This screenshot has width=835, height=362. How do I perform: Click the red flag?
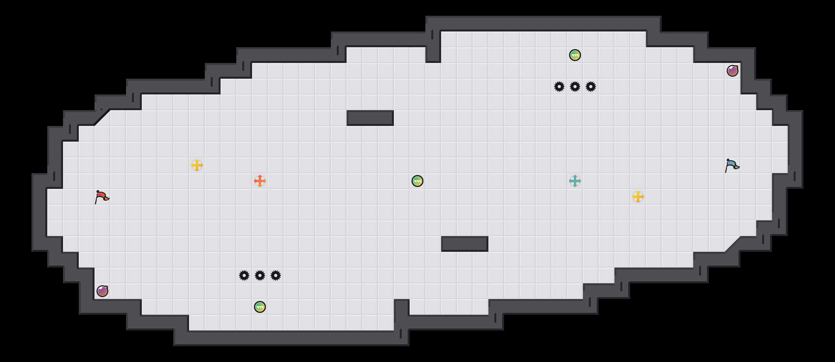pos(102,197)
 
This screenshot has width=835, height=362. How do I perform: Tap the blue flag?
pos(732,165)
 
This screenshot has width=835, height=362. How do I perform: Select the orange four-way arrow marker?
pos(260,181)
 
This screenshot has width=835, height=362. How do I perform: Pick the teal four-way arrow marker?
pos(575,181)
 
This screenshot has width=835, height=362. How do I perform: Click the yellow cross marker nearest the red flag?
pos(197,165)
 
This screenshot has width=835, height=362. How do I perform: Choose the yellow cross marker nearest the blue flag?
pos(638,197)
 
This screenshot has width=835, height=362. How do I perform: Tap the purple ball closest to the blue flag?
pos(733,71)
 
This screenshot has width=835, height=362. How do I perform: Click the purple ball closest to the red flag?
pos(102,291)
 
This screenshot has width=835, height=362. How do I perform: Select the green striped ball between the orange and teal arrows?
pos(417,181)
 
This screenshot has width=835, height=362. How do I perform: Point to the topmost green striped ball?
pos(575,55)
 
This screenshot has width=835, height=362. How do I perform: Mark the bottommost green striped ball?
pos(260,307)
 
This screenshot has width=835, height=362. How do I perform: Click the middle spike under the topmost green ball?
pos(575,87)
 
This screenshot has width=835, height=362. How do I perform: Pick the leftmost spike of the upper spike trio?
pos(559,87)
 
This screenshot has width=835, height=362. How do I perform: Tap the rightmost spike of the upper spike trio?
pos(591,87)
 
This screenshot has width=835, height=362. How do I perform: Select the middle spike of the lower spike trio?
pos(260,275)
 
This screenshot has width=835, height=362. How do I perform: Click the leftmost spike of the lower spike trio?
pos(244,275)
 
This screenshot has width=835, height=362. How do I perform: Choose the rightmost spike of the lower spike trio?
pos(276,275)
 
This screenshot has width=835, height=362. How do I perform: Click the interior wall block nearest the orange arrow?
pos(370,118)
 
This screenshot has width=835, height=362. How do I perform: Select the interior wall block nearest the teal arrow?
pos(465,244)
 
